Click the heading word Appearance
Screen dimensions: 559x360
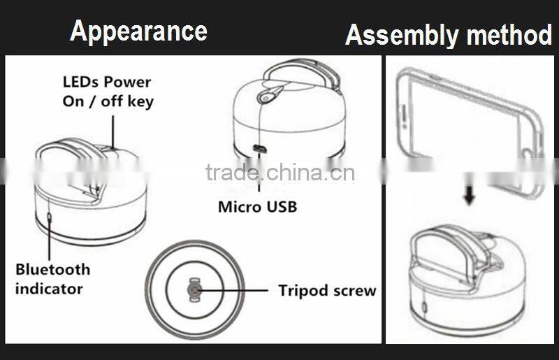point(138,31)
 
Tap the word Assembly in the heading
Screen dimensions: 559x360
point(402,36)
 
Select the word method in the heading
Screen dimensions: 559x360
point(509,35)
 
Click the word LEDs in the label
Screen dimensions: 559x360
point(80,82)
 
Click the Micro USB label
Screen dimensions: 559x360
point(257,207)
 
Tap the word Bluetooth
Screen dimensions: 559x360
point(53,269)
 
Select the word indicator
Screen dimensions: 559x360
point(49,289)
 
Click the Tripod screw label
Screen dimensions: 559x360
point(327,291)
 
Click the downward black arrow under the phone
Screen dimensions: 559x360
point(469,196)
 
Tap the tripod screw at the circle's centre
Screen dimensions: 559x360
point(195,289)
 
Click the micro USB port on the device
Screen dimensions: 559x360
point(260,148)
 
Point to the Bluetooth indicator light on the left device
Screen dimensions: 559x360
point(49,217)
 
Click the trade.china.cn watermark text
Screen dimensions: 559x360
point(280,173)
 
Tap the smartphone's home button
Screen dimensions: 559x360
point(529,156)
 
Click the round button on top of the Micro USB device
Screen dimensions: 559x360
point(266,96)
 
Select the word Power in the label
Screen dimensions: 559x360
point(128,82)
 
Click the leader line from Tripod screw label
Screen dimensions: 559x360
point(233,290)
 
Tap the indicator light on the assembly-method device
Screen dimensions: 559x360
point(424,306)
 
